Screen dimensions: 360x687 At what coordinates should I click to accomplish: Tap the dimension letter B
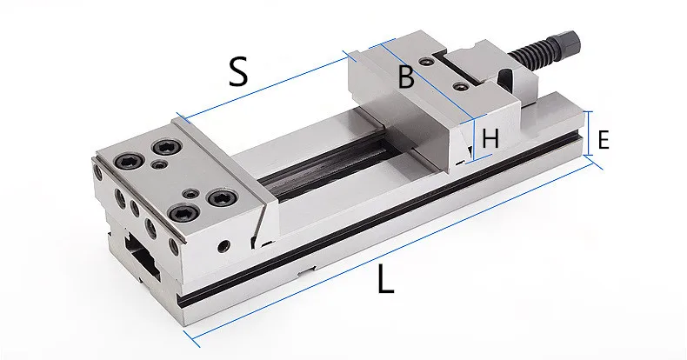point(405,77)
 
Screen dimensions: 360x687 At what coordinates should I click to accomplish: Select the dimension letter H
point(490,138)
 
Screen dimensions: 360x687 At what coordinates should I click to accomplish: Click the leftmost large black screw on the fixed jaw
point(128,161)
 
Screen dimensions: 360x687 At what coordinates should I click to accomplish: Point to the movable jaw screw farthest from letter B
point(460,86)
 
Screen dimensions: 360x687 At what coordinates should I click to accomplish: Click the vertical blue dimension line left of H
point(473,139)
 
